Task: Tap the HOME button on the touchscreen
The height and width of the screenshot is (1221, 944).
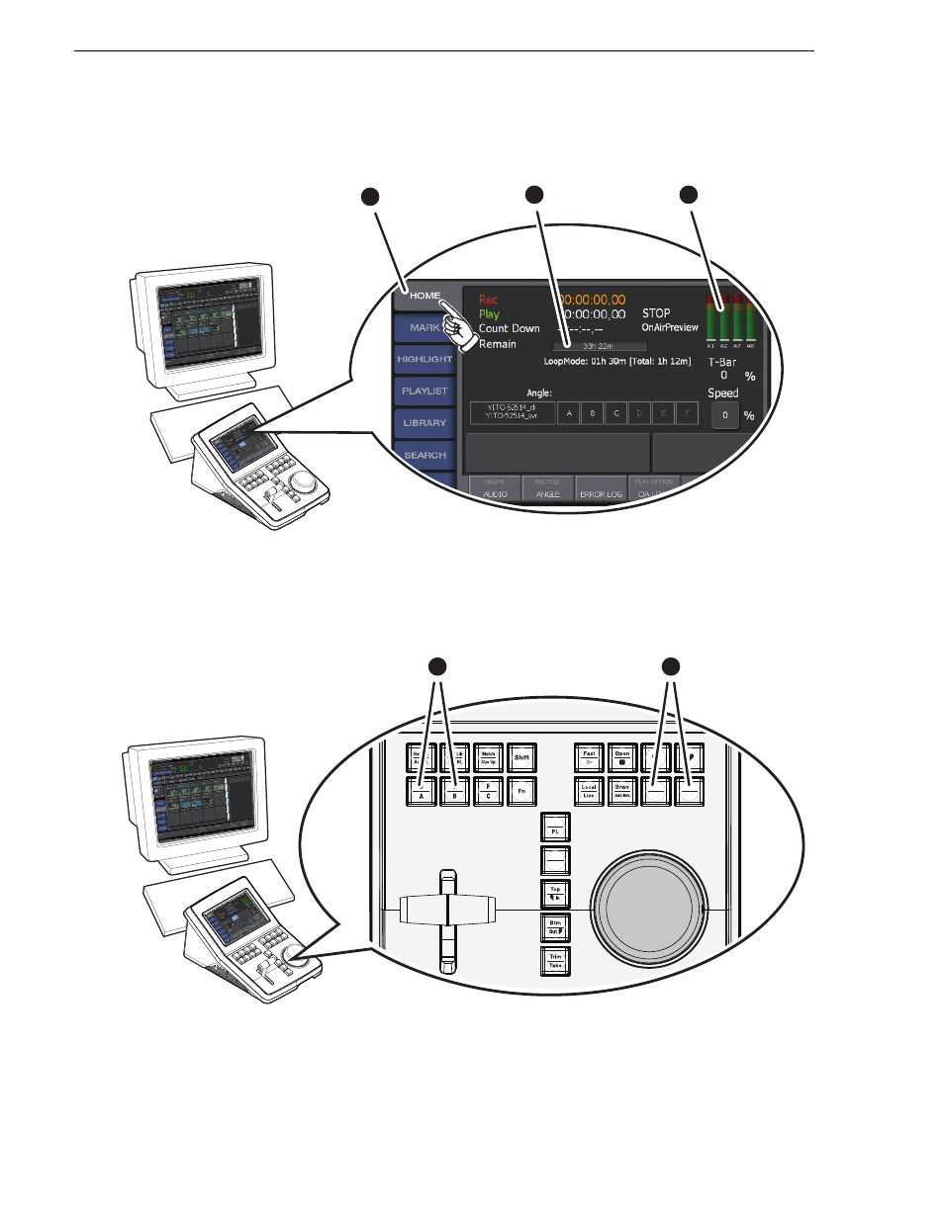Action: pyautogui.click(x=425, y=296)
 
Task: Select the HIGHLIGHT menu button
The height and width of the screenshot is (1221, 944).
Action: pyautogui.click(x=425, y=360)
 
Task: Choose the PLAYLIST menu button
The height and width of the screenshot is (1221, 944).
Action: pyautogui.click(x=425, y=392)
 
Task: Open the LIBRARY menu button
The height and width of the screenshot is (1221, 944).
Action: pyautogui.click(x=425, y=423)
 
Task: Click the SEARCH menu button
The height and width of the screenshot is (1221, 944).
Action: pyautogui.click(x=425, y=456)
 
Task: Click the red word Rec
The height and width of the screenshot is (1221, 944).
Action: pyautogui.click(x=488, y=300)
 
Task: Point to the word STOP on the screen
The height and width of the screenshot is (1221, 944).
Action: pyautogui.click(x=656, y=313)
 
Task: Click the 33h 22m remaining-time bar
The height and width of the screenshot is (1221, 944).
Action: pyautogui.click(x=598, y=346)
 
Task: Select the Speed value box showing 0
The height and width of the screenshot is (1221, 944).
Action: pyautogui.click(x=724, y=415)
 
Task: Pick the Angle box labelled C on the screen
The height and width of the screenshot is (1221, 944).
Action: pyautogui.click(x=615, y=413)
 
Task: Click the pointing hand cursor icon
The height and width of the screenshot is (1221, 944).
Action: pyautogui.click(x=458, y=328)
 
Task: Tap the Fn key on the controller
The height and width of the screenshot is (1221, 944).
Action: pyautogui.click(x=521, y=791)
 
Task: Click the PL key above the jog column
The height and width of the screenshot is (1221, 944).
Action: pyautogui.click(x=555, y=827)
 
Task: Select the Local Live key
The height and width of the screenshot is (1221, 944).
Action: pyautogui.click(x=589, y=791)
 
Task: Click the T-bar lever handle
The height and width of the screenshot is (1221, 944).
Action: pyautogui.click(x=447, y=910)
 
